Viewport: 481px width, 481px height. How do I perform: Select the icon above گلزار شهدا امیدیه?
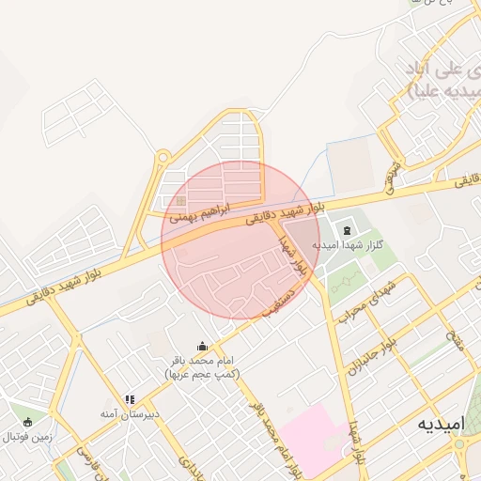click(347, 231)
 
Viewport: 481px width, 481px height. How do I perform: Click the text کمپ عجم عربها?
click(202, 374)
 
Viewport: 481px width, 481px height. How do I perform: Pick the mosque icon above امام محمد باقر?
click(202, 346)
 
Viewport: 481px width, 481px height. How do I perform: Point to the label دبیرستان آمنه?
click(131, 413)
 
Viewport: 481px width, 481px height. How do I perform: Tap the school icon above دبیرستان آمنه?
click(130, 399)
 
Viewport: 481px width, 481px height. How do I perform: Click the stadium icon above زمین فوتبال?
click(27, 422)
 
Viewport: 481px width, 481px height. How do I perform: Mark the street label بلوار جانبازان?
click(369, 357)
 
